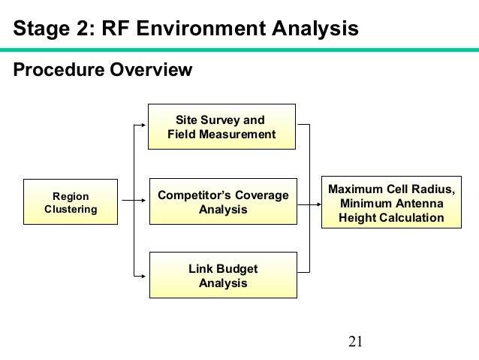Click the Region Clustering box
(x=71, y=201)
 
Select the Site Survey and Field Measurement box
(x=221, y=127)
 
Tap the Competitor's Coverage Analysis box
(x=222, y=201)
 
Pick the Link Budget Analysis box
(x=222, y=276)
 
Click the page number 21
(x=356, y=343)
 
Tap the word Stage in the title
(x=41, y=29)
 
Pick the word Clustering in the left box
(x=71, y=209)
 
